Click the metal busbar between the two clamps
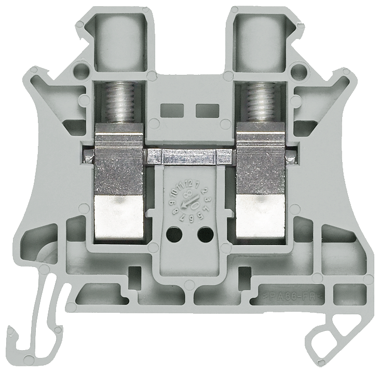pos(189,155)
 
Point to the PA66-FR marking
pos(290,297)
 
